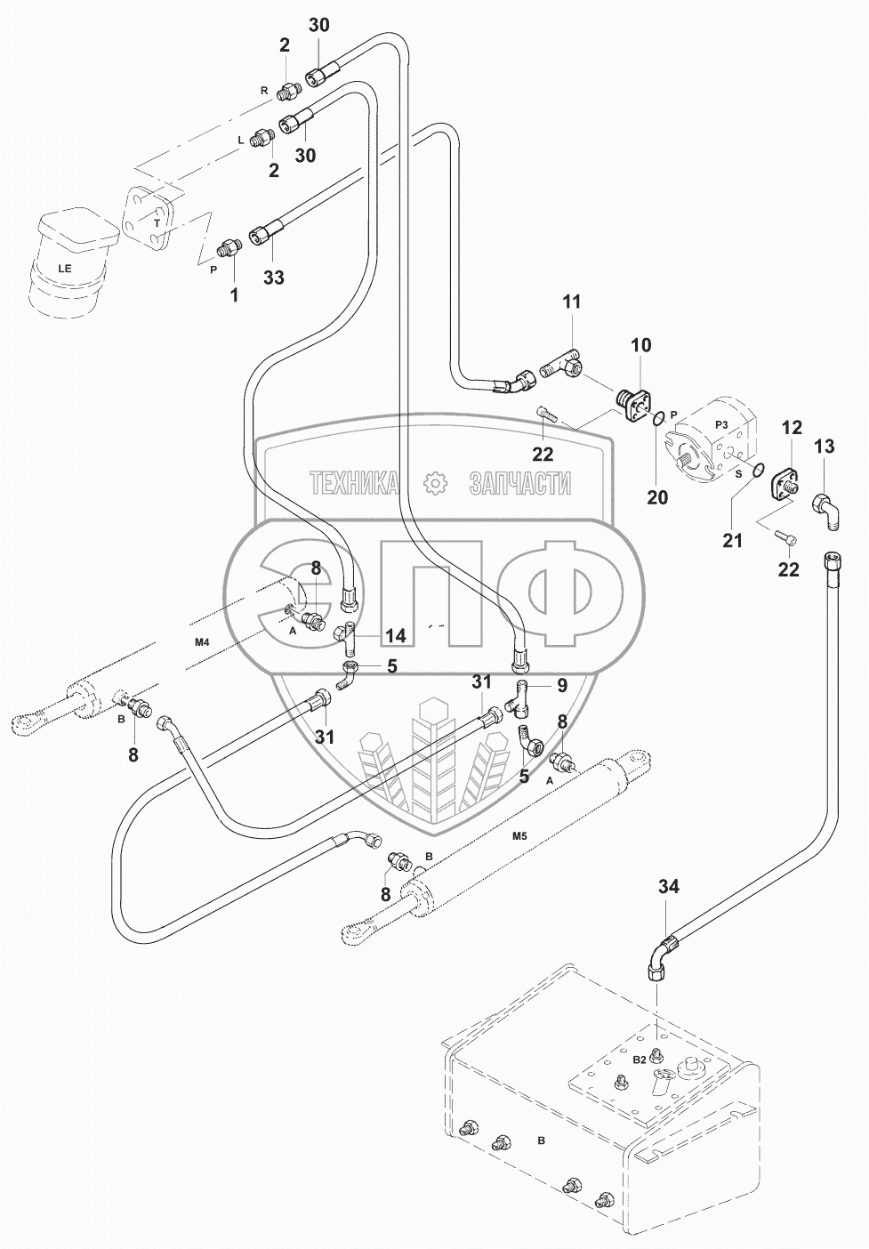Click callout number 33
click(273, 278)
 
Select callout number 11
click(571, 302)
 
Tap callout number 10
click(641, 344)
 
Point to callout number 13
click(825, 446)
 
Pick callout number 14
click(396, 635)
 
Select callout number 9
click(562, 685)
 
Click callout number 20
click(657, 497)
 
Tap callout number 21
click(732, 540)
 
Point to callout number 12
click(791, 428)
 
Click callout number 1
click(235, 294)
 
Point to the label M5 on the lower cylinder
click(519, 836)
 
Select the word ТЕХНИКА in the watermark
click(354, 483)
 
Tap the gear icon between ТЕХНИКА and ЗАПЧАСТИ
click(434, 483)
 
